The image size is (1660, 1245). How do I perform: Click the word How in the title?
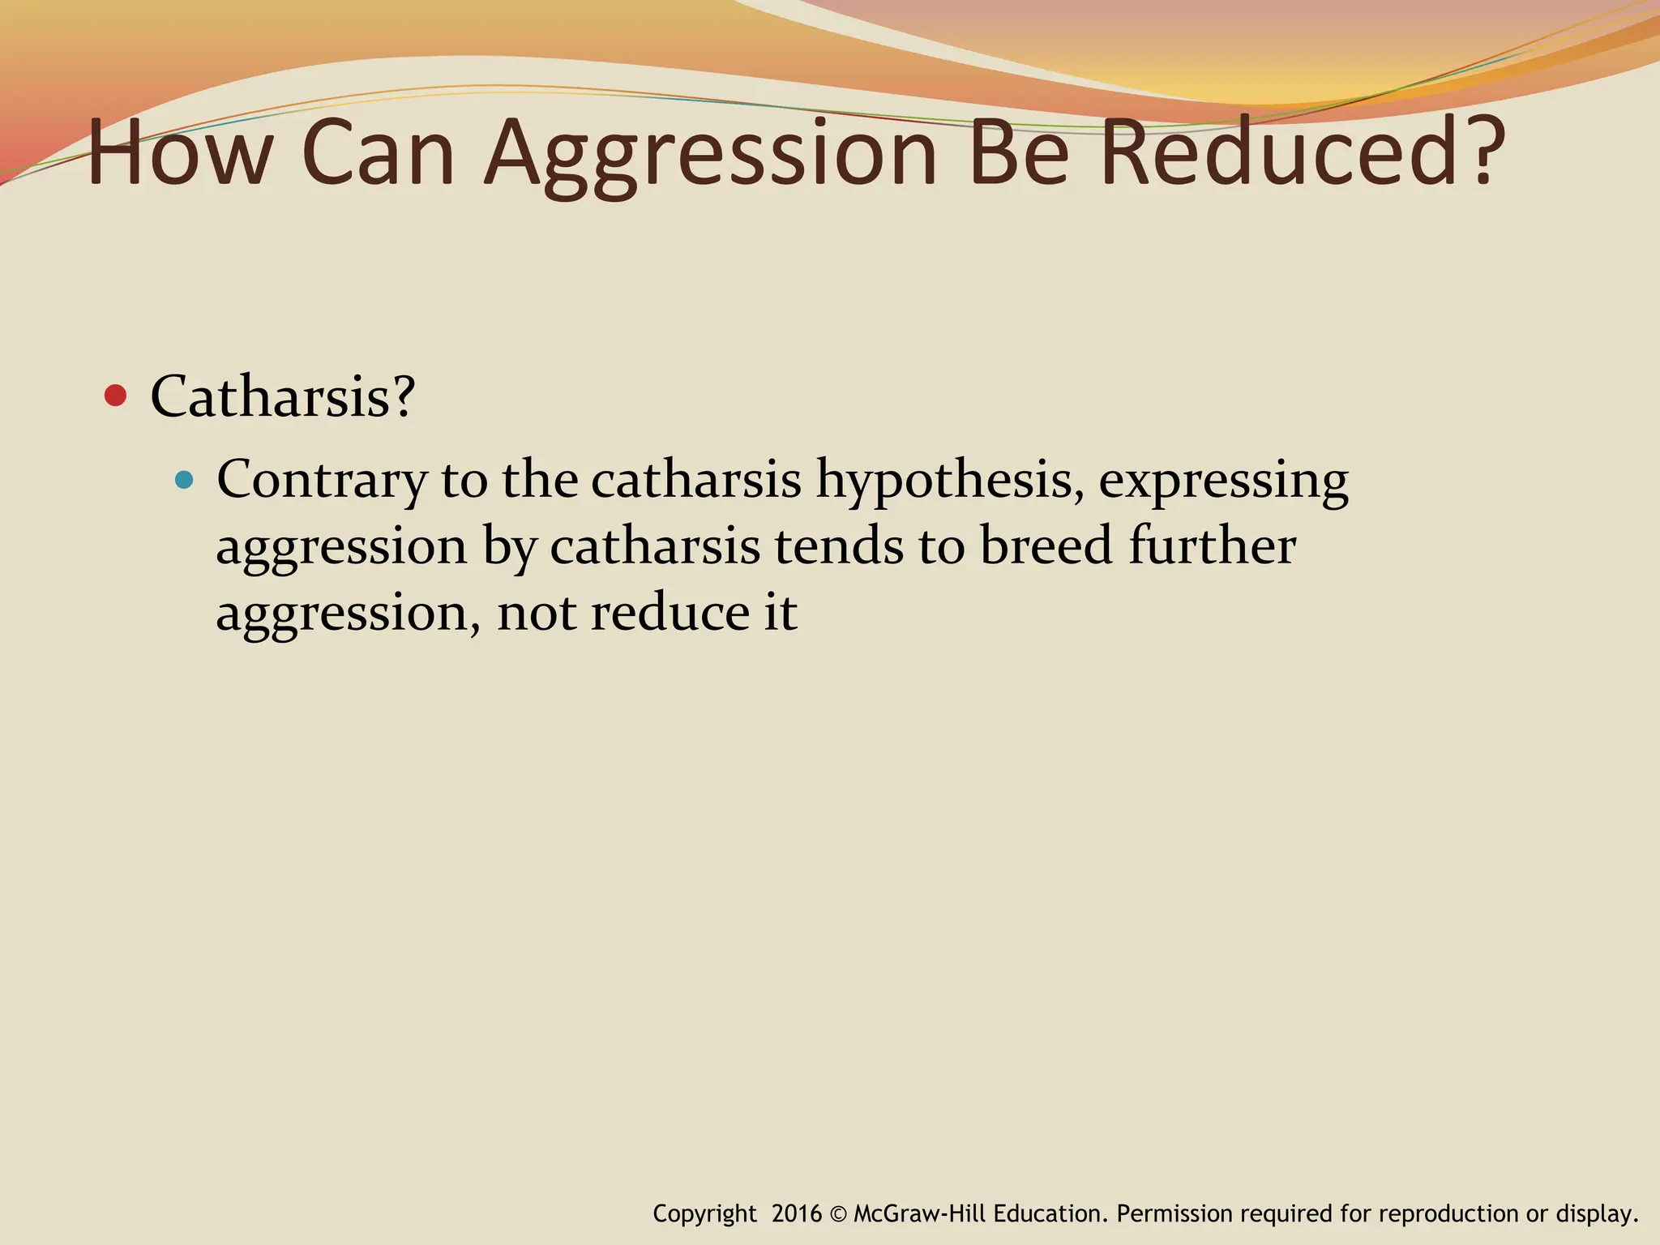[178, 154]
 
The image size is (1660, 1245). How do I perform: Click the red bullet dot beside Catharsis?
[116, 396]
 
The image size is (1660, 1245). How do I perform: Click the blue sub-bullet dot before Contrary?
[185, 480]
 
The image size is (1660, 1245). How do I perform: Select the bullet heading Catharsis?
[283, 396]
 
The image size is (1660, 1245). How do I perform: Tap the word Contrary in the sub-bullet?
[321, 480]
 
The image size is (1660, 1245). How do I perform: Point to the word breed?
[1046, 545]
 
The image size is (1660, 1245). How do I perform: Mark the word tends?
[839, 545]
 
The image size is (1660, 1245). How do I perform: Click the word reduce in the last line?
[670, 613]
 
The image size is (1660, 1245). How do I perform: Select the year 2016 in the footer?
[796, 1213]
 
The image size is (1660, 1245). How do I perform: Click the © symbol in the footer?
[837, 1213]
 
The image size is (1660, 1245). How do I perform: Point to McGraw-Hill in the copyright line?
[919, 1213]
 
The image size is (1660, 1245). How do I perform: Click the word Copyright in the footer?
[704, 1214]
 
